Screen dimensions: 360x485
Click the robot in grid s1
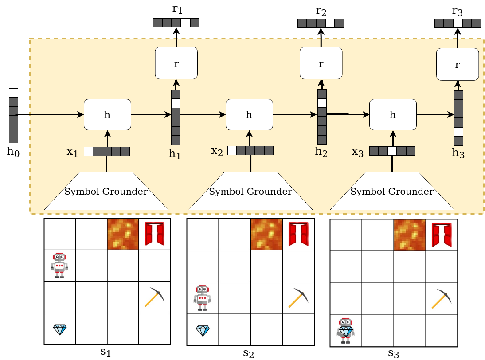pos(59,265)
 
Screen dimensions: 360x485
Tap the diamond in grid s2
pos(203,330)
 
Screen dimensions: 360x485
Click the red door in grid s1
pos(154,234)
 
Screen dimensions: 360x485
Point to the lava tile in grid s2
pos(266,234)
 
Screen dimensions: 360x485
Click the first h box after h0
pos(107,115)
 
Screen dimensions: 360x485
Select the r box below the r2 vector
pos(321,63)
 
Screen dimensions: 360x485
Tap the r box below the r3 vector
pos(458,64)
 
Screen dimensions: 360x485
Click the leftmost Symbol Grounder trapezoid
pos(106,191)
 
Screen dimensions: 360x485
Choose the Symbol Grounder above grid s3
pos(392,191)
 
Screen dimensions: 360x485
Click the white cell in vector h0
pos(14,93)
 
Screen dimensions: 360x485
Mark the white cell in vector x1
pos(88,151)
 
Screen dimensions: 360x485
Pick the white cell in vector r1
pos(185,23)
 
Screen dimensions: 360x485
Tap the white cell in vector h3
pos(458,132)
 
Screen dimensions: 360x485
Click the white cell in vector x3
pos(392,151)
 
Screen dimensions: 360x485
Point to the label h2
pos(321,152)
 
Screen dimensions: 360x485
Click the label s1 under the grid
pos(105,352)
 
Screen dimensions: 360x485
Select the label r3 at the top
pos(458,11)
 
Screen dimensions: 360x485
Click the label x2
pos(217,151)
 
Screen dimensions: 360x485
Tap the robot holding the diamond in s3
pos(345,330)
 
